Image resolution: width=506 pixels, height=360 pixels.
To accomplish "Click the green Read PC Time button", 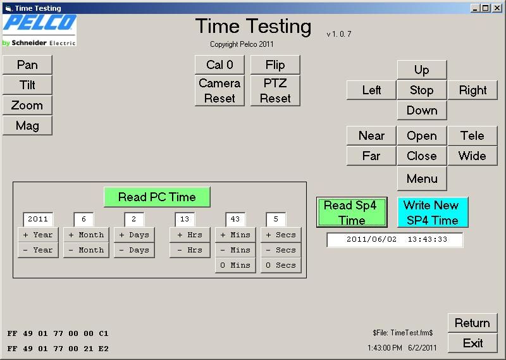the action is (x=157, y=197).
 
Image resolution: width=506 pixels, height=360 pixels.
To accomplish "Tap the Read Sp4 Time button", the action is (x=352, y=212).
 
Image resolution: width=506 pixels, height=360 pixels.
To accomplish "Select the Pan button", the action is (x=27, y=65).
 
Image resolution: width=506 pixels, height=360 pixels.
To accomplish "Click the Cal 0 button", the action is (x=219, y=65).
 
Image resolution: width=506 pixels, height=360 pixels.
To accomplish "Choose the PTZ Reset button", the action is (x=275, y=90).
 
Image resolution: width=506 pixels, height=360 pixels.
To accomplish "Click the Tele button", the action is (x=472, y=135).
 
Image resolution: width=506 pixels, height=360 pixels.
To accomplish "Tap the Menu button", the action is (x=422, y=178).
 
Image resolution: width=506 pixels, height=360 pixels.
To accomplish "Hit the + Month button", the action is (x=86, y=235).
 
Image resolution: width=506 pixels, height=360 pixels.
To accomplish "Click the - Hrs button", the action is (x=190, y=250).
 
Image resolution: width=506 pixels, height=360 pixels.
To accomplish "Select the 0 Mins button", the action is (x=235, y=265).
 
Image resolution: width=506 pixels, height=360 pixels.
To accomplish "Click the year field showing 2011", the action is (x=38, y=220).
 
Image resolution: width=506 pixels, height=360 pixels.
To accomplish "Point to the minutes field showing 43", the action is (x=235, y=220).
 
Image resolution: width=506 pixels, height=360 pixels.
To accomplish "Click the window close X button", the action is (x=497, y=8).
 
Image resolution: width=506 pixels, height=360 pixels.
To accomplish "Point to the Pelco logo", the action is (x=39, y=30).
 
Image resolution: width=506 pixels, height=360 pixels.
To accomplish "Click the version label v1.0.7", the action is (x=339, y=34).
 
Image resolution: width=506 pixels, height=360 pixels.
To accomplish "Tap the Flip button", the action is (x=275, y=65).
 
